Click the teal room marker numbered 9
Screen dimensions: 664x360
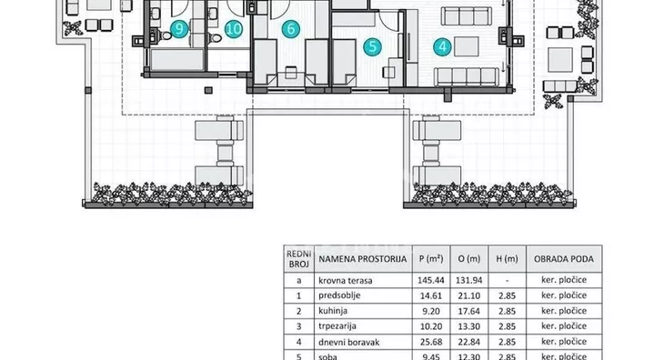[x=179, y=29]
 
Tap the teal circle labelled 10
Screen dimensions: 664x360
[x=234, y=29]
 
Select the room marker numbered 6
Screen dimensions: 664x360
[x=291, y=29]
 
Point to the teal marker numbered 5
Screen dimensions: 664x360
[x=373, y=46]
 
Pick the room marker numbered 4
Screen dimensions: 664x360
[x=443, y=46]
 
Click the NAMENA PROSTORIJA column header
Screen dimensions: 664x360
[x=363, y=259]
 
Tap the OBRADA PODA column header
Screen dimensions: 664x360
[x=564, y=259]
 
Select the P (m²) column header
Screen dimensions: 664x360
[x=431, y=258]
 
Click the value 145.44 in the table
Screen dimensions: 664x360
[x=431, y=280]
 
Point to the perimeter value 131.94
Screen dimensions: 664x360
[x=469, y=280]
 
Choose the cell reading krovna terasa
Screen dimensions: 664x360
[x=346, y=281]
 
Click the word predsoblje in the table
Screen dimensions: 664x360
[x=339, y=295]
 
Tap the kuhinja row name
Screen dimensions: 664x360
[x=333, y=311]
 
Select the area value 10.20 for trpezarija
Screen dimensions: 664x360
[x=431, y=326]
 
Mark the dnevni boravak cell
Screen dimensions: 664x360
[x=349, y=342]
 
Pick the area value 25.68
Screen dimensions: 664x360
[x=431, y=342]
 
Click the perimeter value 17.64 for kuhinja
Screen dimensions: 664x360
[x=469, y=311]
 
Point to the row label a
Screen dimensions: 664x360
[x=299, y=281]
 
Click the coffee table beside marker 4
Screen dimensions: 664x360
[x=467, y=46]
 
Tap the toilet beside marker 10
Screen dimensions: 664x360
[x=216, y=38]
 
